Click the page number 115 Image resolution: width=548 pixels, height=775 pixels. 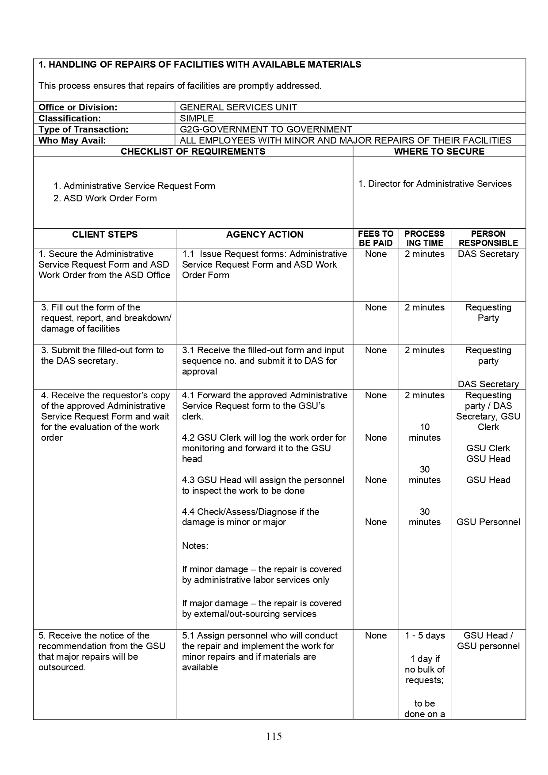coord(274,736)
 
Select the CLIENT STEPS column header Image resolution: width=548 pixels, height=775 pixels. coord(105,234)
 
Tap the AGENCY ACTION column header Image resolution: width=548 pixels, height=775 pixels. coord(265,234)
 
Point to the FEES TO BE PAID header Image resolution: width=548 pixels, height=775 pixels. coord(376,238)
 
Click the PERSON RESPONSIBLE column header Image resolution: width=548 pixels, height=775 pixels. coord(488,238)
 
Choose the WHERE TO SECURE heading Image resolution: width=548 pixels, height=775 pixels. coord(439,151)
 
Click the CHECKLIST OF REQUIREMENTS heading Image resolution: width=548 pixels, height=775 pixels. coord(193,151)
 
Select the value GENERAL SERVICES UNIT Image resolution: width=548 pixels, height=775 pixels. coord(238,107)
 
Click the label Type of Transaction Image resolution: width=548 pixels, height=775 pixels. coord(83,129)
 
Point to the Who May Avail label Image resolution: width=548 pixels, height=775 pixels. coord(72,140)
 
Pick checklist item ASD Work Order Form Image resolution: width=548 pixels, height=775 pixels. coord(110,198)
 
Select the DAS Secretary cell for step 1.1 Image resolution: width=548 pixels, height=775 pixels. coord(488,254)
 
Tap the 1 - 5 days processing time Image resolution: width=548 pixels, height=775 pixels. coord(425,635)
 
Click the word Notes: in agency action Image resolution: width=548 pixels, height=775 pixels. coord(195,546)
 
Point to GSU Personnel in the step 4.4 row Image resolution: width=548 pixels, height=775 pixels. coord(488,522)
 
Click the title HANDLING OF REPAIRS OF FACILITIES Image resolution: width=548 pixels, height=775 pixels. coord(200,64)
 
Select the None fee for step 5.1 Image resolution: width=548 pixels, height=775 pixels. coord(376,635)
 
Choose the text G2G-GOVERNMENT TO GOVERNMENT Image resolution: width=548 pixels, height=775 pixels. coord(266,129)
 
